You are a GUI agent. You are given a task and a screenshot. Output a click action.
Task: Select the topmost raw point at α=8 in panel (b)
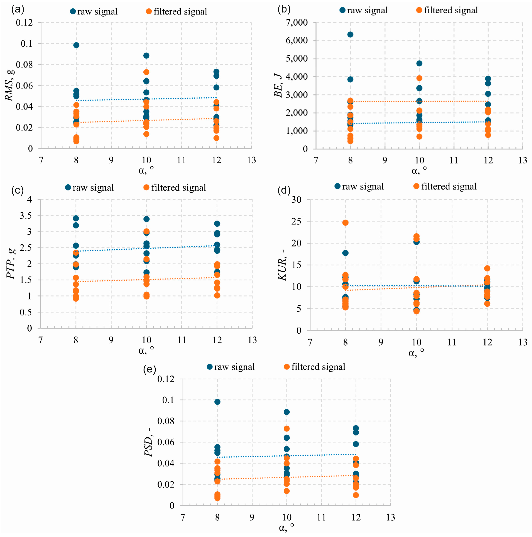click(350, 34)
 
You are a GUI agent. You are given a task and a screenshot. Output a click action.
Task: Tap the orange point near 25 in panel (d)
click(345, 223)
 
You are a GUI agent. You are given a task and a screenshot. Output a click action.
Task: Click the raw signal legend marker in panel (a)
click(73, 11)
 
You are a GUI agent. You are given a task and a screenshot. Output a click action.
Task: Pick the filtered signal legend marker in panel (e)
click(287, 367)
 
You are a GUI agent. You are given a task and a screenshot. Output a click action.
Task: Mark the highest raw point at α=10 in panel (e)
click(286, 412)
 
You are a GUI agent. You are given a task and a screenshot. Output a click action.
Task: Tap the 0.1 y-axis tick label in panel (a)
click(27, 44)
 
